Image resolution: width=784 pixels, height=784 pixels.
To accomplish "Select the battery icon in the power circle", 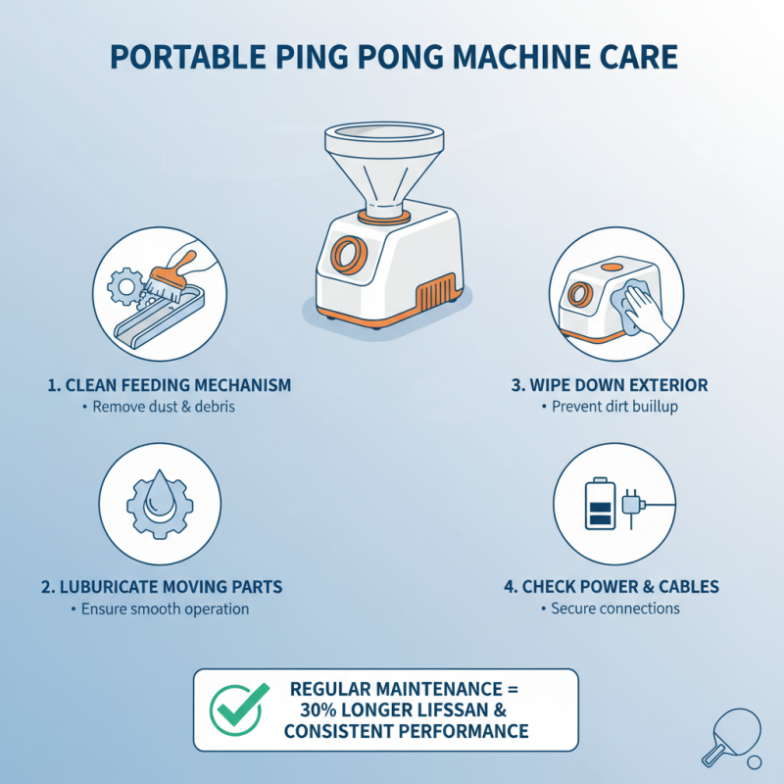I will (599, 504).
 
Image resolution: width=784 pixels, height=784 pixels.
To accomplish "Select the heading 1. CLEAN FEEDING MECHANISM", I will (170, 385).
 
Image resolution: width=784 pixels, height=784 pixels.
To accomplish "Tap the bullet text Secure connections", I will (615, 609).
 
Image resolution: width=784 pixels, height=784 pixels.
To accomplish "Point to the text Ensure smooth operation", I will (164, 609).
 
